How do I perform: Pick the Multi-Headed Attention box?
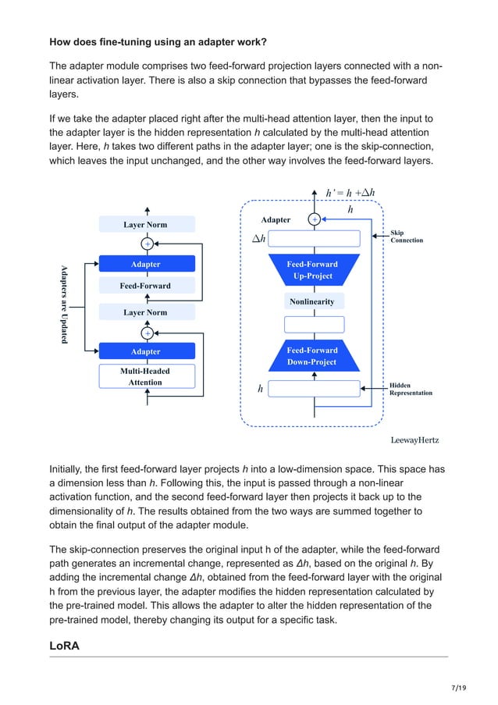click(145, 376)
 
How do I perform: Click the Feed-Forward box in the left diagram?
click(145, 286)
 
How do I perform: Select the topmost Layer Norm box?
click(145, 225)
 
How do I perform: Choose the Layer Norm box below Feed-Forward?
click(145, 312)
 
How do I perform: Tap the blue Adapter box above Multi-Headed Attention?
click(145, 352)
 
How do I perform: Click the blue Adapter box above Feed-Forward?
click(145, 265)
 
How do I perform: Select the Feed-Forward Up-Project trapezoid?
click(314, 269)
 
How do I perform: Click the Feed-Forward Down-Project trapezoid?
click(314, 356)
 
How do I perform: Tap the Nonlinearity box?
click(314, 301)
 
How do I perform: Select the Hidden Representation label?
click(411, 389)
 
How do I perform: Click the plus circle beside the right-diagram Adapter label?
click(315, 220)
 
